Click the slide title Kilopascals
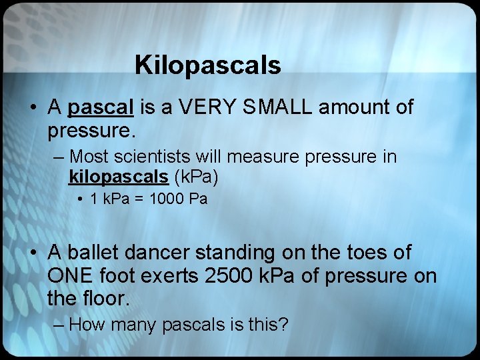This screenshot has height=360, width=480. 207,65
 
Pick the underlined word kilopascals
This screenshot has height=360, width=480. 117,177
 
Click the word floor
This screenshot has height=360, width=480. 105,299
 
